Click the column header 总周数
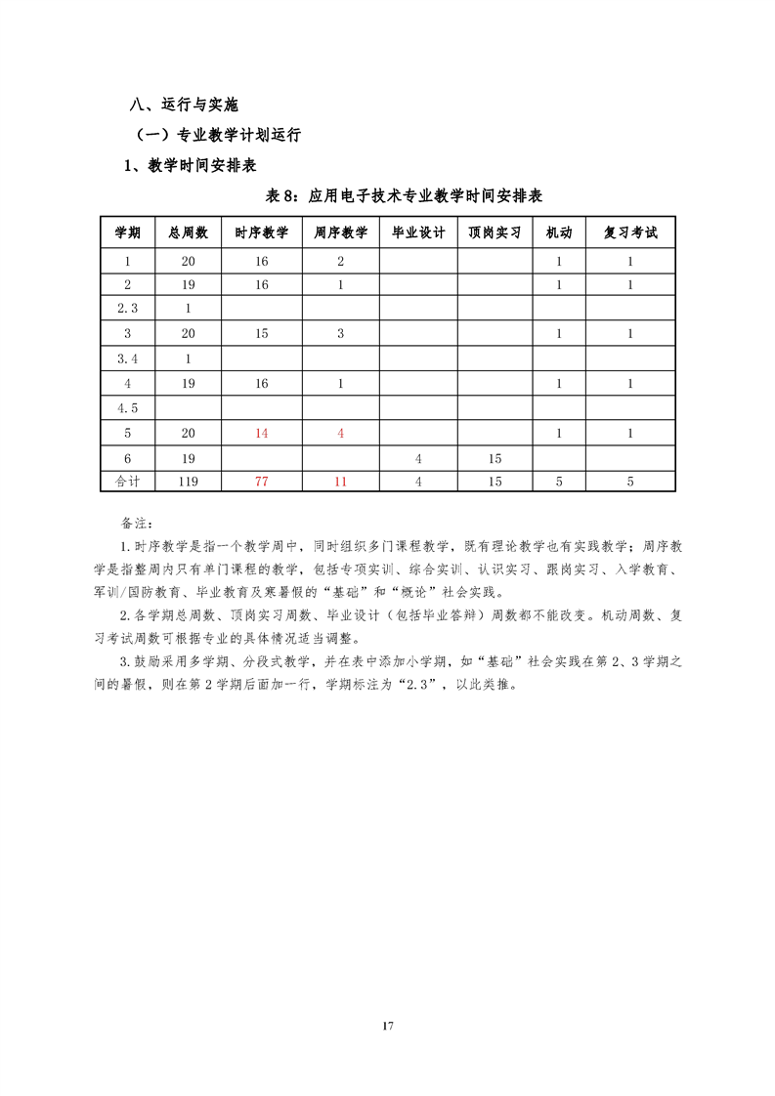click(189, 232)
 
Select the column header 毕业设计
click(418, 232)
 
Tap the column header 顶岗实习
click(495, 232)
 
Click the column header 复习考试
click(630, 232)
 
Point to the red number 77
click(262, 481)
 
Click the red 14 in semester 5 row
click(262, 433)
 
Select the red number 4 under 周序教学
click(341, 433)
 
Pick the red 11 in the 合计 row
click(341, 481)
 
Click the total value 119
click(189, 481)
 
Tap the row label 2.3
click(128, 309)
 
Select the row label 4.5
click(128, 408)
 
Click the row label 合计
click(128, 481)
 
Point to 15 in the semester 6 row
click(495, 457)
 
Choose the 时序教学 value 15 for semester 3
click(262, 333)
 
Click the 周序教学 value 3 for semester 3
click(341, 333)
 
